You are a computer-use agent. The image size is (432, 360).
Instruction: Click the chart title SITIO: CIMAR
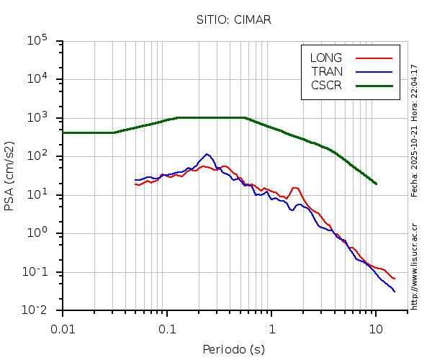click(x=233, y=19)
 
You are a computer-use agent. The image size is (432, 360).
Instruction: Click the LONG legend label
click(x=326, y=58)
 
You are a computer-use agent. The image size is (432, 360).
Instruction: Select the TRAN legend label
click(x=326, y=71)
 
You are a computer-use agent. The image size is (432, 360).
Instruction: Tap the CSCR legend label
click(x=326, y=85)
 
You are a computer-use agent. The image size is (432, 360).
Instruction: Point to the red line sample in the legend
click(x=374, y=58)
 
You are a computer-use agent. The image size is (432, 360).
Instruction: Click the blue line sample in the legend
click(x=374, y=71)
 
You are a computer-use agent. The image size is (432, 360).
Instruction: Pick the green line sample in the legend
click(x=374, y=85)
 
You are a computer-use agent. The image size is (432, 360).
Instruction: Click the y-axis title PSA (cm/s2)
click(x=10, y=176)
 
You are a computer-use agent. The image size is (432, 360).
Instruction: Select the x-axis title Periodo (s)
click(x=233, y=350)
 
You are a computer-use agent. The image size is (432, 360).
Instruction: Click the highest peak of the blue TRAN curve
click(x=207, y=154)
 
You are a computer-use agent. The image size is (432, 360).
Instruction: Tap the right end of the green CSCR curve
click(x=376, y=184)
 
